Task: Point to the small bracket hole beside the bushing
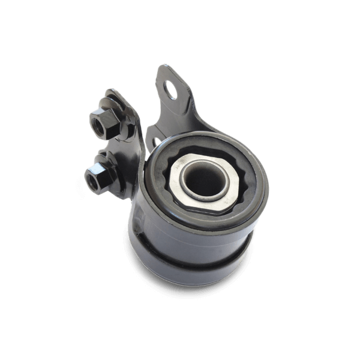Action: pyautogui.click(x=157, y=142)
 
